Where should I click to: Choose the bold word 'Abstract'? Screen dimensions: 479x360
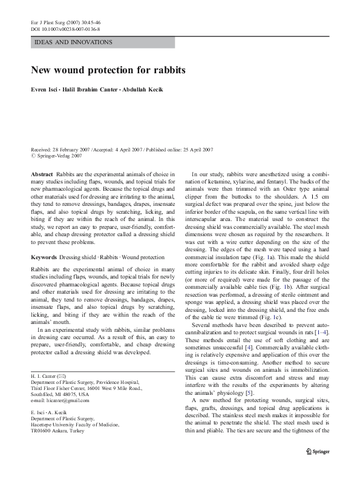pos(42,174)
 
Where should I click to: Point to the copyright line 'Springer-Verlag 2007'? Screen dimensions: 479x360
pos(58,155)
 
